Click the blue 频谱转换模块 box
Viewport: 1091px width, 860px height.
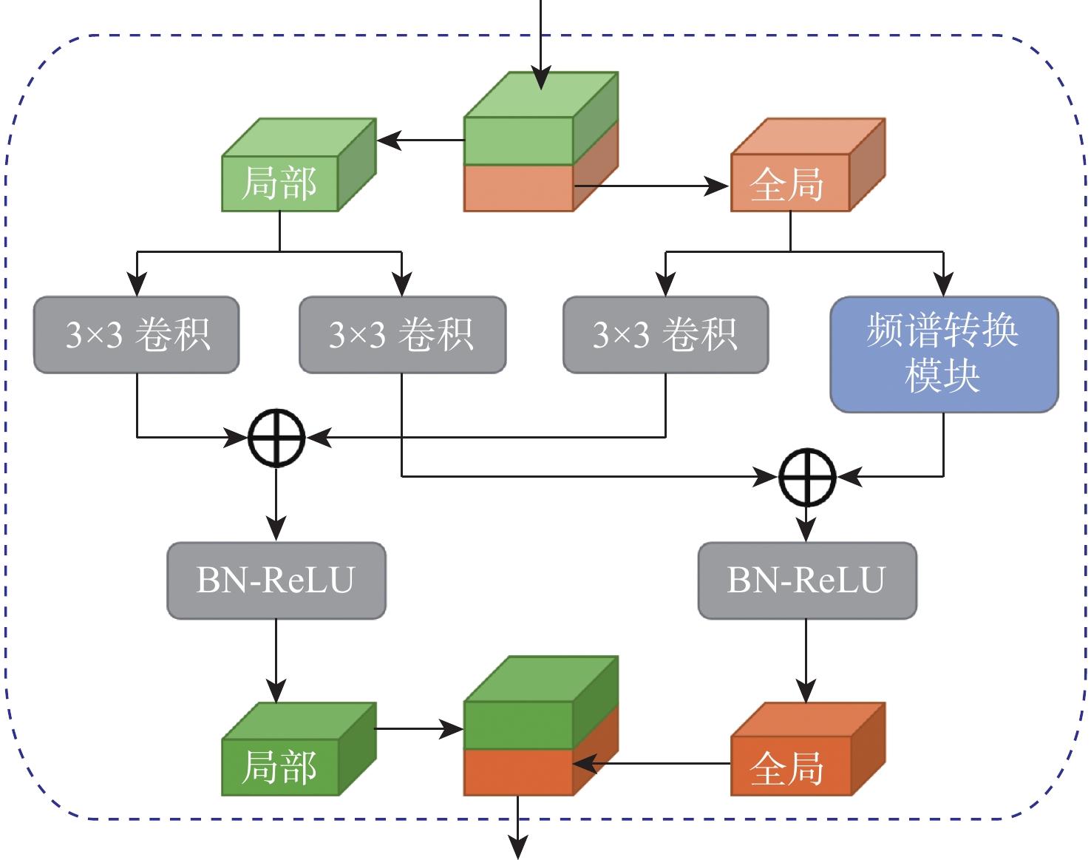click(944, 353)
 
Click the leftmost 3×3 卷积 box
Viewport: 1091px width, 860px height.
click(137, 335)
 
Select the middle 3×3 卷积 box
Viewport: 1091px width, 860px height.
click(402, 335)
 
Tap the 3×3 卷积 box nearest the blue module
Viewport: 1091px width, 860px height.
click(665, 335)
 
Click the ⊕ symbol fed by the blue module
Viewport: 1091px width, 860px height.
click(806, 477)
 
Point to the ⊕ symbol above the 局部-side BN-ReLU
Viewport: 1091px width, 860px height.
click(276, 438)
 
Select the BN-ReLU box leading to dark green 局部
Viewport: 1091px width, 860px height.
click(276, 580)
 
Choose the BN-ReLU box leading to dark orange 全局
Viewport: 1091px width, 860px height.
click(806, 580)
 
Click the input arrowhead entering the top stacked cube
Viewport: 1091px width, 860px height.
click(541, 78)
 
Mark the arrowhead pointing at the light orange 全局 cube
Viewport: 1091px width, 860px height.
click(717, 186)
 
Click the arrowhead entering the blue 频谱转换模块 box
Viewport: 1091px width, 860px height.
click(943, 285)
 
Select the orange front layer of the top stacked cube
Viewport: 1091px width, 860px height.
click(518, 189)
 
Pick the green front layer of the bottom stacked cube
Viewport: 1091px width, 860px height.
click(518, 725)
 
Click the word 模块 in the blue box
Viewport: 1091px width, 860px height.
click(942, 376)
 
